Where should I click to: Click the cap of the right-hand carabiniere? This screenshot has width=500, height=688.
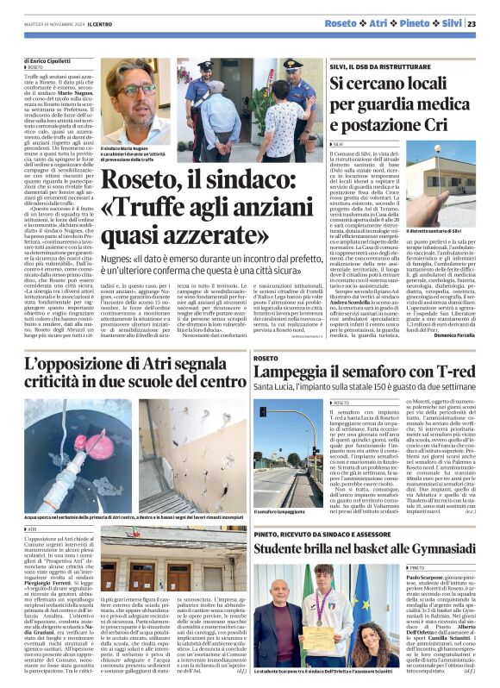click(293, 65)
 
